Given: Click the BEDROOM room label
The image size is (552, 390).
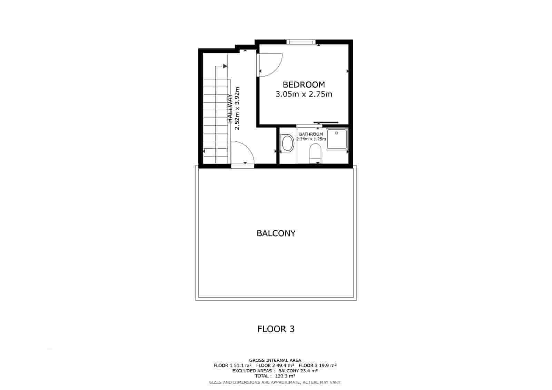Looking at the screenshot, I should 304,84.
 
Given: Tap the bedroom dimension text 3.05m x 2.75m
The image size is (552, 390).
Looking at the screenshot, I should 304,94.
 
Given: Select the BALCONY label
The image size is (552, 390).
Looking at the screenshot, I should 276,233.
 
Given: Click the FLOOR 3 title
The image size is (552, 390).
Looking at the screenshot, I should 276,329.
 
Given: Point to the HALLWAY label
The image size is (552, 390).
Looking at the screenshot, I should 230,109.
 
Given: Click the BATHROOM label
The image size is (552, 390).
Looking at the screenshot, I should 311,134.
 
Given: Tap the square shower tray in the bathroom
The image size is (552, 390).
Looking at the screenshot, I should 337,139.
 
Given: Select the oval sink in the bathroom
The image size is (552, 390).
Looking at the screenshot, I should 287,143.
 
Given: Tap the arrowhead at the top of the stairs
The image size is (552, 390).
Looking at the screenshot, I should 225,66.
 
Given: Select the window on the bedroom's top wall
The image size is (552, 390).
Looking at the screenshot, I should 301,42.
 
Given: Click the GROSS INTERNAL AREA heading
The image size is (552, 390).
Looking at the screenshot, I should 275,360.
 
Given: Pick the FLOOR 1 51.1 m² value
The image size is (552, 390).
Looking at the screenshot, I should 232,366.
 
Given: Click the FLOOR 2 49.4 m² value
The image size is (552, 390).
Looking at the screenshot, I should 275,366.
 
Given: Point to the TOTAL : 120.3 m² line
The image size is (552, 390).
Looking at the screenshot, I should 275,376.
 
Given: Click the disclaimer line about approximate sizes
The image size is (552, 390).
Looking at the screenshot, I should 275,382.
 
